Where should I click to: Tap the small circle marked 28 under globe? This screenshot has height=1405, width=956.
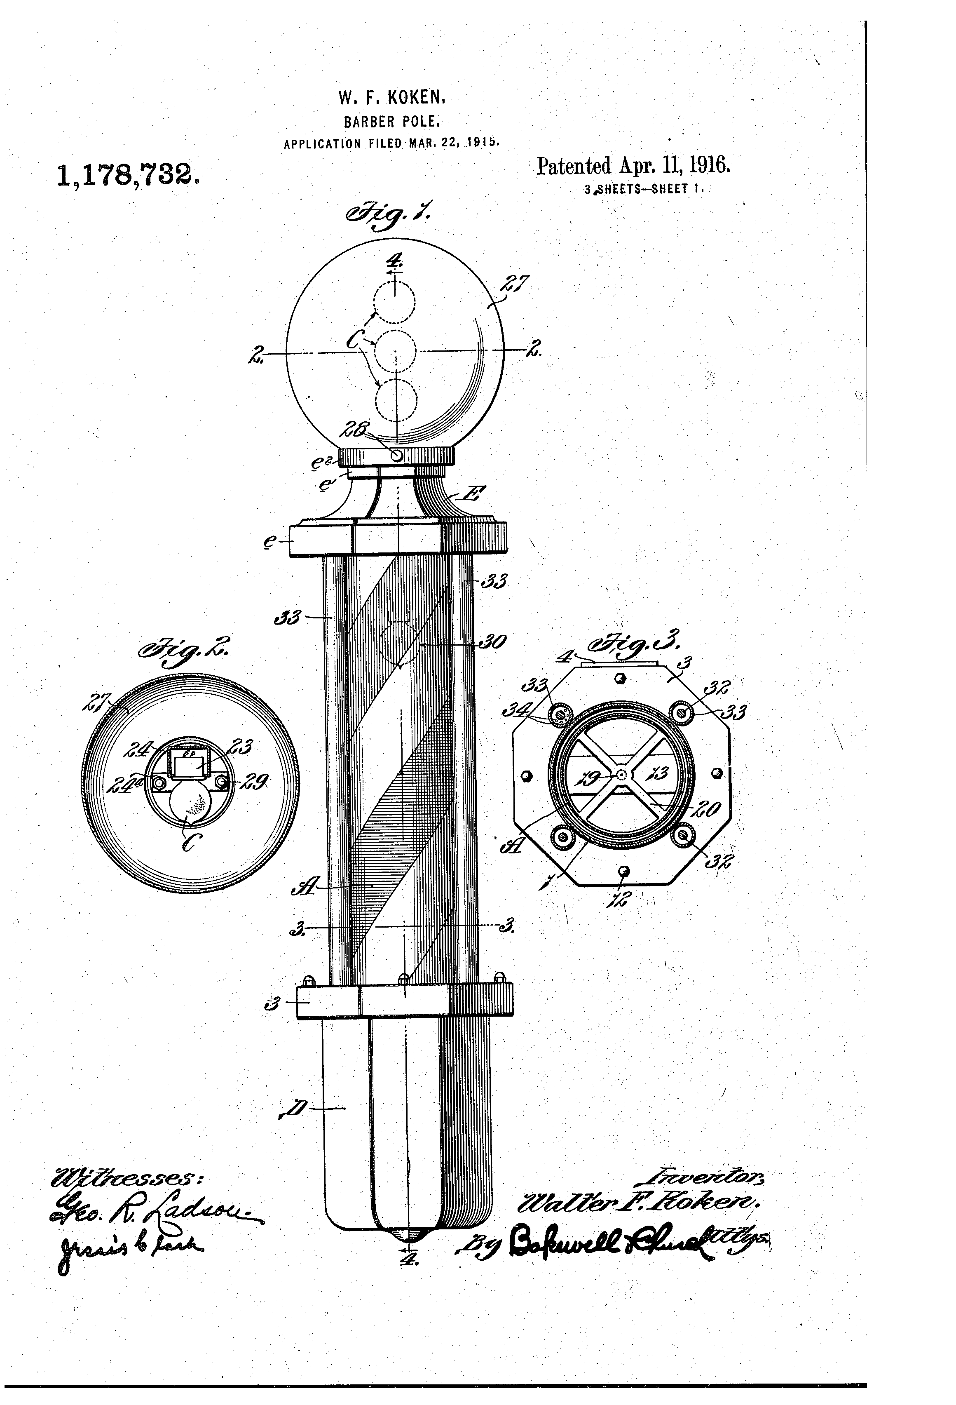396,455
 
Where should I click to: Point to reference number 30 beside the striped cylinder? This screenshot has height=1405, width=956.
492,642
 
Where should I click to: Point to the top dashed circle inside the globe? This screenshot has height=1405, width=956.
394,302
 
